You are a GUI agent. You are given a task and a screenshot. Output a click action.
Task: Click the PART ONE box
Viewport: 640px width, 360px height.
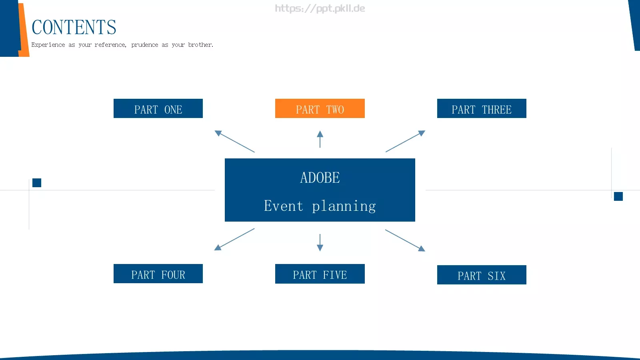click(x=158, y=108)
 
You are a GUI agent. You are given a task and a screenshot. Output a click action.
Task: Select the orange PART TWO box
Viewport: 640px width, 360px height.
click(x=320, y=108)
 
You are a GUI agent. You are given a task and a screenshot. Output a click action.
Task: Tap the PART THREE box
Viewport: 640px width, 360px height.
click(x=482, y=108)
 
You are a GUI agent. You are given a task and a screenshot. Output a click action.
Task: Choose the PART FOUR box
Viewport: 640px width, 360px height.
click(x=158, y=274)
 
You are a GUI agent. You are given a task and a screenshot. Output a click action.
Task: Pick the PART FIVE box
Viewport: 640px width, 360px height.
click(x=320, y=274)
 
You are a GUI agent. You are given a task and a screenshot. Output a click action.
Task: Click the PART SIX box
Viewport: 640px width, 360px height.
click(x=482, y=275)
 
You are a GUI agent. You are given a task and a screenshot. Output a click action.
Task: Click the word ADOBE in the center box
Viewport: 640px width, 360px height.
click(x=320, y=178)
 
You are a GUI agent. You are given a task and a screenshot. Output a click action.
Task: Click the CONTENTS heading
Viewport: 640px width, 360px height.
click(x=74, y=28)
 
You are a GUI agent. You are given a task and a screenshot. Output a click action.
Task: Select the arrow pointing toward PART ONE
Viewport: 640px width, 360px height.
click(x=234, y=141)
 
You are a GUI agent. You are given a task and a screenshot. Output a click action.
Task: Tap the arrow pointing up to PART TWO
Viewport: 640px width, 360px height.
click(x=320, y=139)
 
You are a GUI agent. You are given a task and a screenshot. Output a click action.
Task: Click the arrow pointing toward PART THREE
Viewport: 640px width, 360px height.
click(x=406, y=141)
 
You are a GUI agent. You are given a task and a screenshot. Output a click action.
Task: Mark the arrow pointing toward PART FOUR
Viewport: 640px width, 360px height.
click(x=234, y=240)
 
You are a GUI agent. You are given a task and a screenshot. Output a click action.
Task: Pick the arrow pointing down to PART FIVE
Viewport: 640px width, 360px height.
click(x=320, y=242)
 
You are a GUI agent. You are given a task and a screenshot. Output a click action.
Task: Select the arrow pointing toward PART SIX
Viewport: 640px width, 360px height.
click(x=405, y=240)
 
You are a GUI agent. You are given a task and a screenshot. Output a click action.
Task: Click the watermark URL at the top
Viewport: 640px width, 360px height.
click(x=320, y=8)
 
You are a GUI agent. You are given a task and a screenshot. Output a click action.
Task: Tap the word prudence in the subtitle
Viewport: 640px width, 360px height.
click(x=144, y=45)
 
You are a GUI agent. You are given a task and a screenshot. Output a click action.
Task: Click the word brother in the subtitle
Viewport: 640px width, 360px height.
click(x=200, y=44)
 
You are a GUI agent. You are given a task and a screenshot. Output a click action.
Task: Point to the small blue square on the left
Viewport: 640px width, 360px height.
click(x=37, y=183)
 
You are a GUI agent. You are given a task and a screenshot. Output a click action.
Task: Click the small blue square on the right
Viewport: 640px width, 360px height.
click(x=618, y=196)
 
